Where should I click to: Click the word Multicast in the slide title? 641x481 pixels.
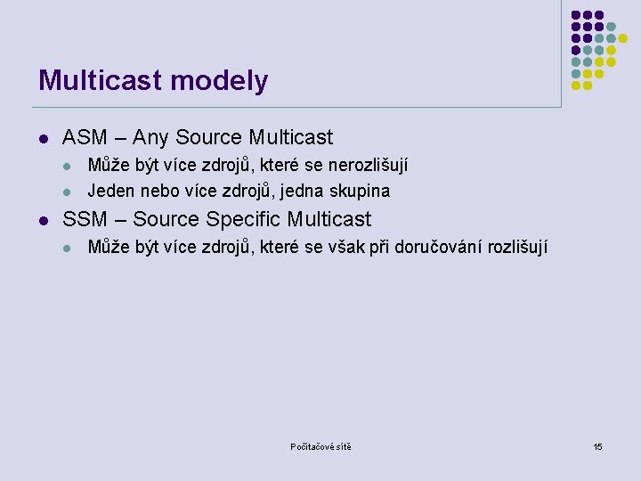(98, 81)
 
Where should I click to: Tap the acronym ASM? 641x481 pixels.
(85, 138)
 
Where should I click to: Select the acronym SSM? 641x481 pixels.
(85, 219)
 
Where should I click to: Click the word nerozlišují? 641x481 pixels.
(369, 166)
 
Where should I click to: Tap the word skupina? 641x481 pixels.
(360, 191)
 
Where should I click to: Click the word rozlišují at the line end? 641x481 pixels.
(518, 247)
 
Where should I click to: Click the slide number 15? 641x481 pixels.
(598, 446)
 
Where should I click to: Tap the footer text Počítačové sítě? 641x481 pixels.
(320, 446)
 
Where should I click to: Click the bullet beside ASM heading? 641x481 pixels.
(43, 139)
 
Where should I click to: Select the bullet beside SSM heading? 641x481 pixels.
(43, 220)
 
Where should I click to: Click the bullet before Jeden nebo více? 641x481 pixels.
(68, 192)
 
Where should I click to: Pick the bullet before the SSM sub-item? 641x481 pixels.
(68, 248)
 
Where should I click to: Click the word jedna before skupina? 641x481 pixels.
(304, 191)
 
